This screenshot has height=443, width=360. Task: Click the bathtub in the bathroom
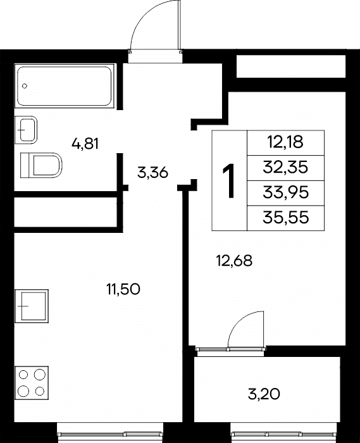[65, 85]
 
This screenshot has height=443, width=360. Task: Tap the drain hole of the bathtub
[25, 86]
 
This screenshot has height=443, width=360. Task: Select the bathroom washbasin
[26, 130]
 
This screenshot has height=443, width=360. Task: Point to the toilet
[41, 165]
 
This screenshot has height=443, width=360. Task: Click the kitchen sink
[32, 306]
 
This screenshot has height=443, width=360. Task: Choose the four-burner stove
[32, 383]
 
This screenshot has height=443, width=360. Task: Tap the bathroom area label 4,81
[85, 144]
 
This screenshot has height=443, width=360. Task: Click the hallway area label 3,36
[152, 172]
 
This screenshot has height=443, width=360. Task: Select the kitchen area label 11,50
[123, 289]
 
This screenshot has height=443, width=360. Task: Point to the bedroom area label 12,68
[234, 261]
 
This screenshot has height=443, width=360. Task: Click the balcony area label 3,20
[264, 394]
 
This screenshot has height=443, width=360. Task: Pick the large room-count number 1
[228, 181]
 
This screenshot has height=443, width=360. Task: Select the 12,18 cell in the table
[285, 142]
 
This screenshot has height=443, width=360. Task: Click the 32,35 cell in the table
[285, 168]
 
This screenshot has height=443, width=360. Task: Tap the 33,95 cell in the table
[285, 193]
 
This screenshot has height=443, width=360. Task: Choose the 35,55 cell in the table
[285, 218]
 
